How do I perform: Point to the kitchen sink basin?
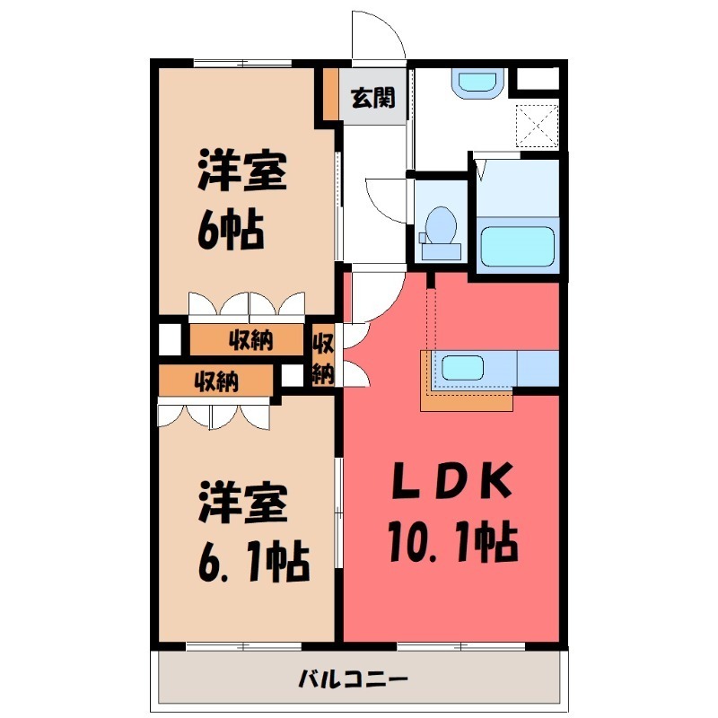coord(464,367)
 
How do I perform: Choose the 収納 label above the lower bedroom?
coord(215,381)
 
